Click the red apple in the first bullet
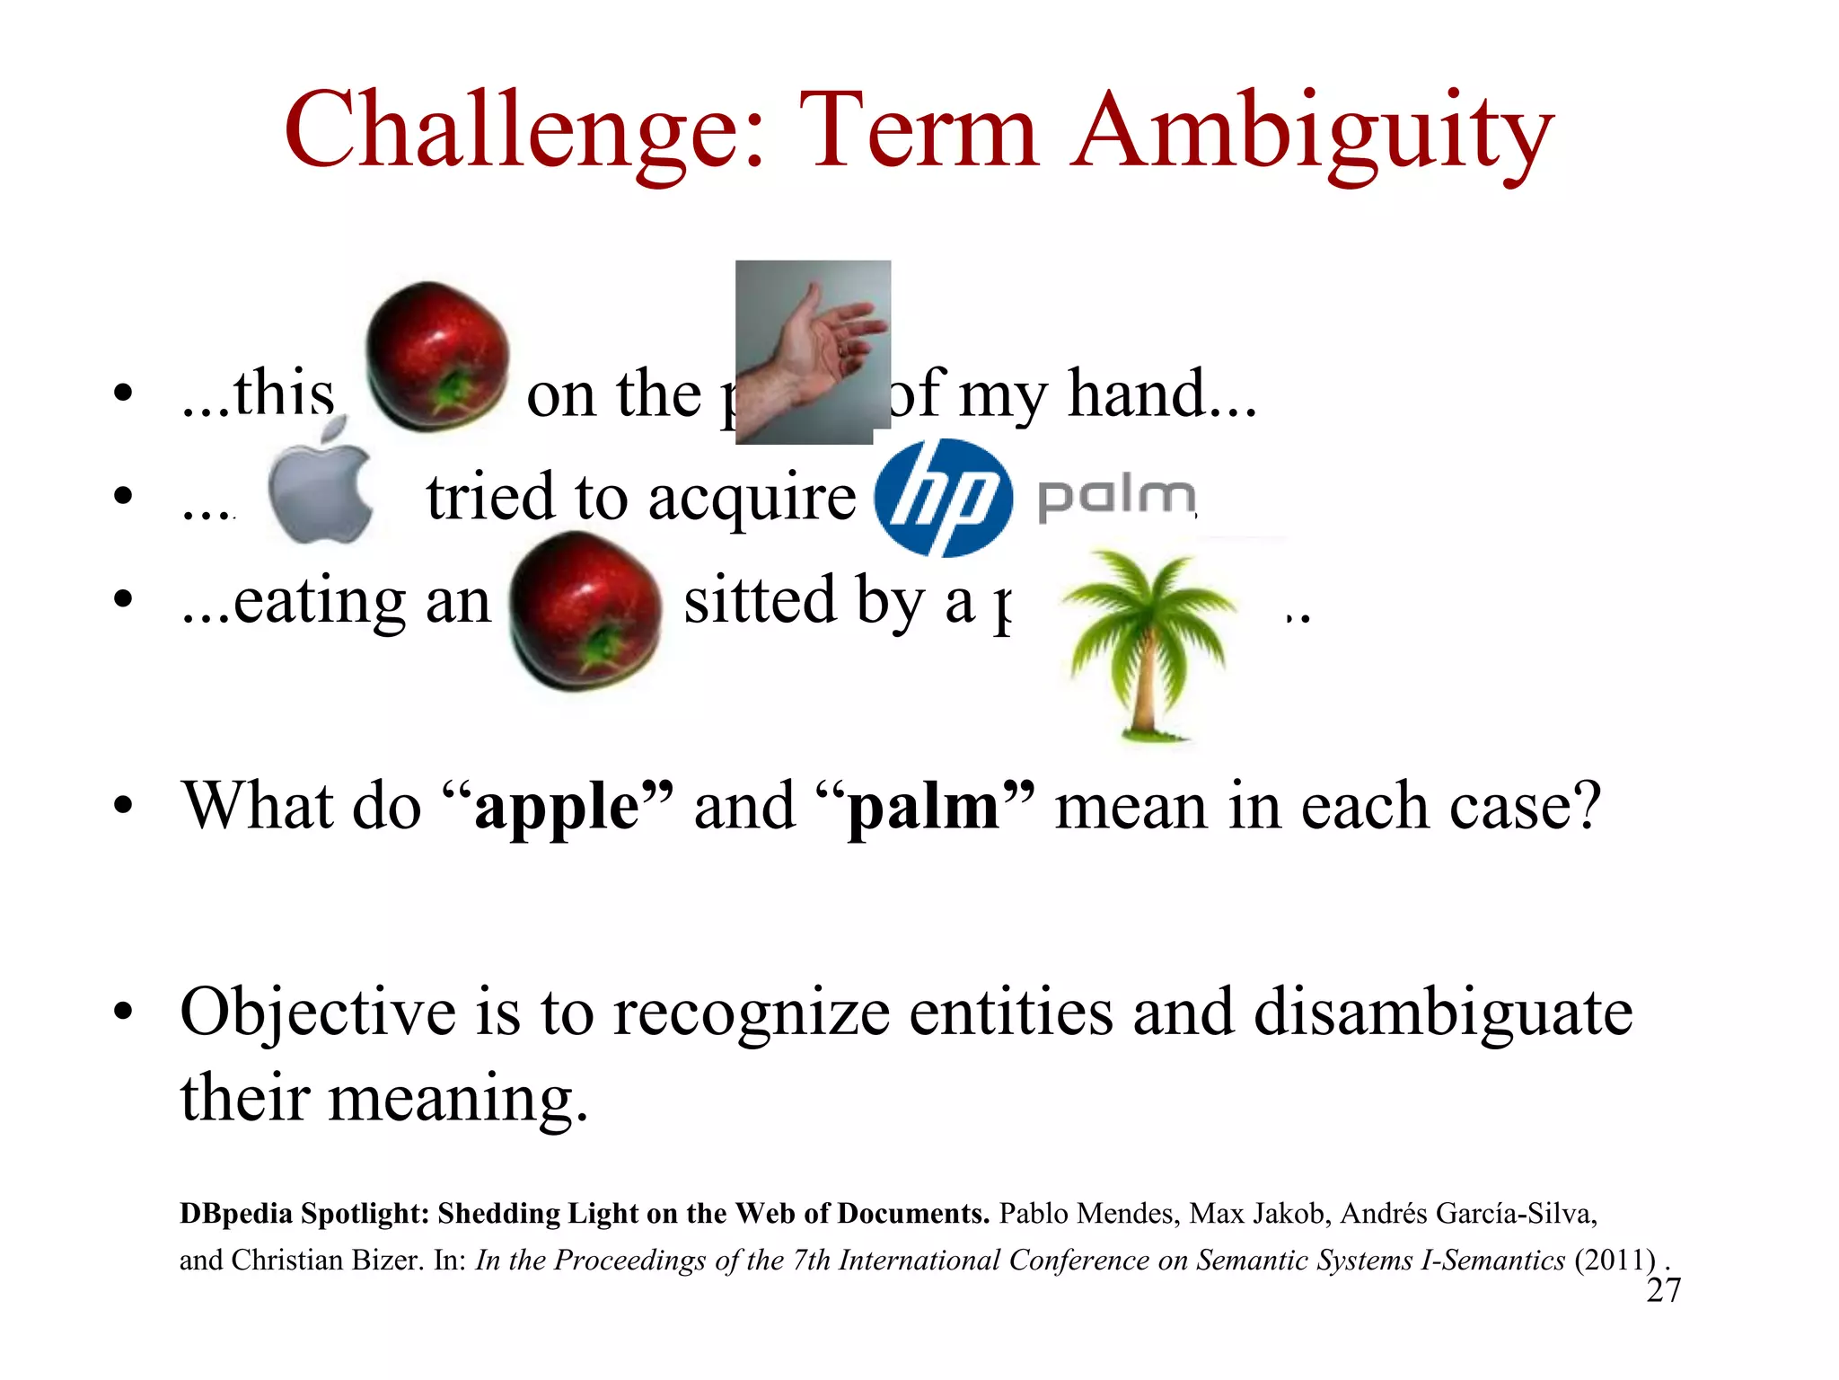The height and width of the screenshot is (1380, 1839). tap(437, 357)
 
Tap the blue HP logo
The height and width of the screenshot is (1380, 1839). tap(943, 497)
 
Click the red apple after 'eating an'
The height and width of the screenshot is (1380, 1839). tap(585, 610)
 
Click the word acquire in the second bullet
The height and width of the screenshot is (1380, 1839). tap(752, 499)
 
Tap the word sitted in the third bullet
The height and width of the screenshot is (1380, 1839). tap(760, 600)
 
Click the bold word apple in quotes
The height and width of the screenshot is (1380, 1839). tap(557, 808)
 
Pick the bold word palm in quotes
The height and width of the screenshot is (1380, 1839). tap(924, 808)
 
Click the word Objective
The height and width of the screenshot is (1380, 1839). tap(318, 1013)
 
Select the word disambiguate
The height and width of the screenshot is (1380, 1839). tap(1442, 1013)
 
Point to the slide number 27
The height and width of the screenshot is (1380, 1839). tap(1663, 1290)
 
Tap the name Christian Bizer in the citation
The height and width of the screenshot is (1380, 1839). tap(327, 1261)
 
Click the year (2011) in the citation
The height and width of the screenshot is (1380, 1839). tap(1614, 1261)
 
